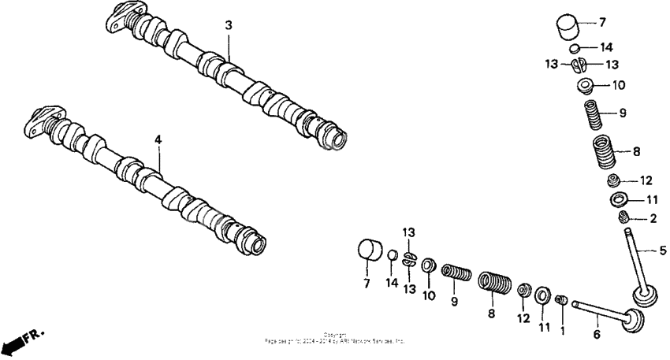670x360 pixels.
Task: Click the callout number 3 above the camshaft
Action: (229, 26)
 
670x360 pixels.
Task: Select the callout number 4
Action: (158, 139)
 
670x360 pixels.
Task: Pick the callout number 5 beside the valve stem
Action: (662, 251)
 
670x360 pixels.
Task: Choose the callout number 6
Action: (596, 335)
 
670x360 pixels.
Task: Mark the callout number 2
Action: (653, 219)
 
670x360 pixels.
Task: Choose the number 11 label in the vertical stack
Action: (652, 200)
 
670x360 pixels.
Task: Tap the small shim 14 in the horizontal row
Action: (391, 255)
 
